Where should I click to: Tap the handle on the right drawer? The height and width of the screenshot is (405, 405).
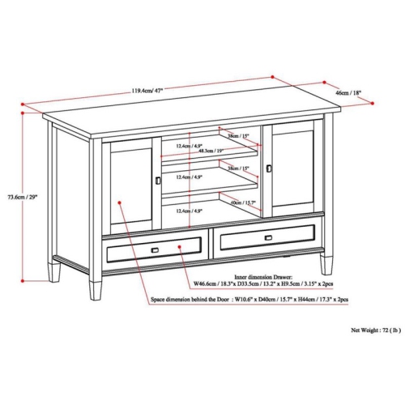tap(267, 237)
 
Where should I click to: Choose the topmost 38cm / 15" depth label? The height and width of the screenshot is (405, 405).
tap(237, 137)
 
